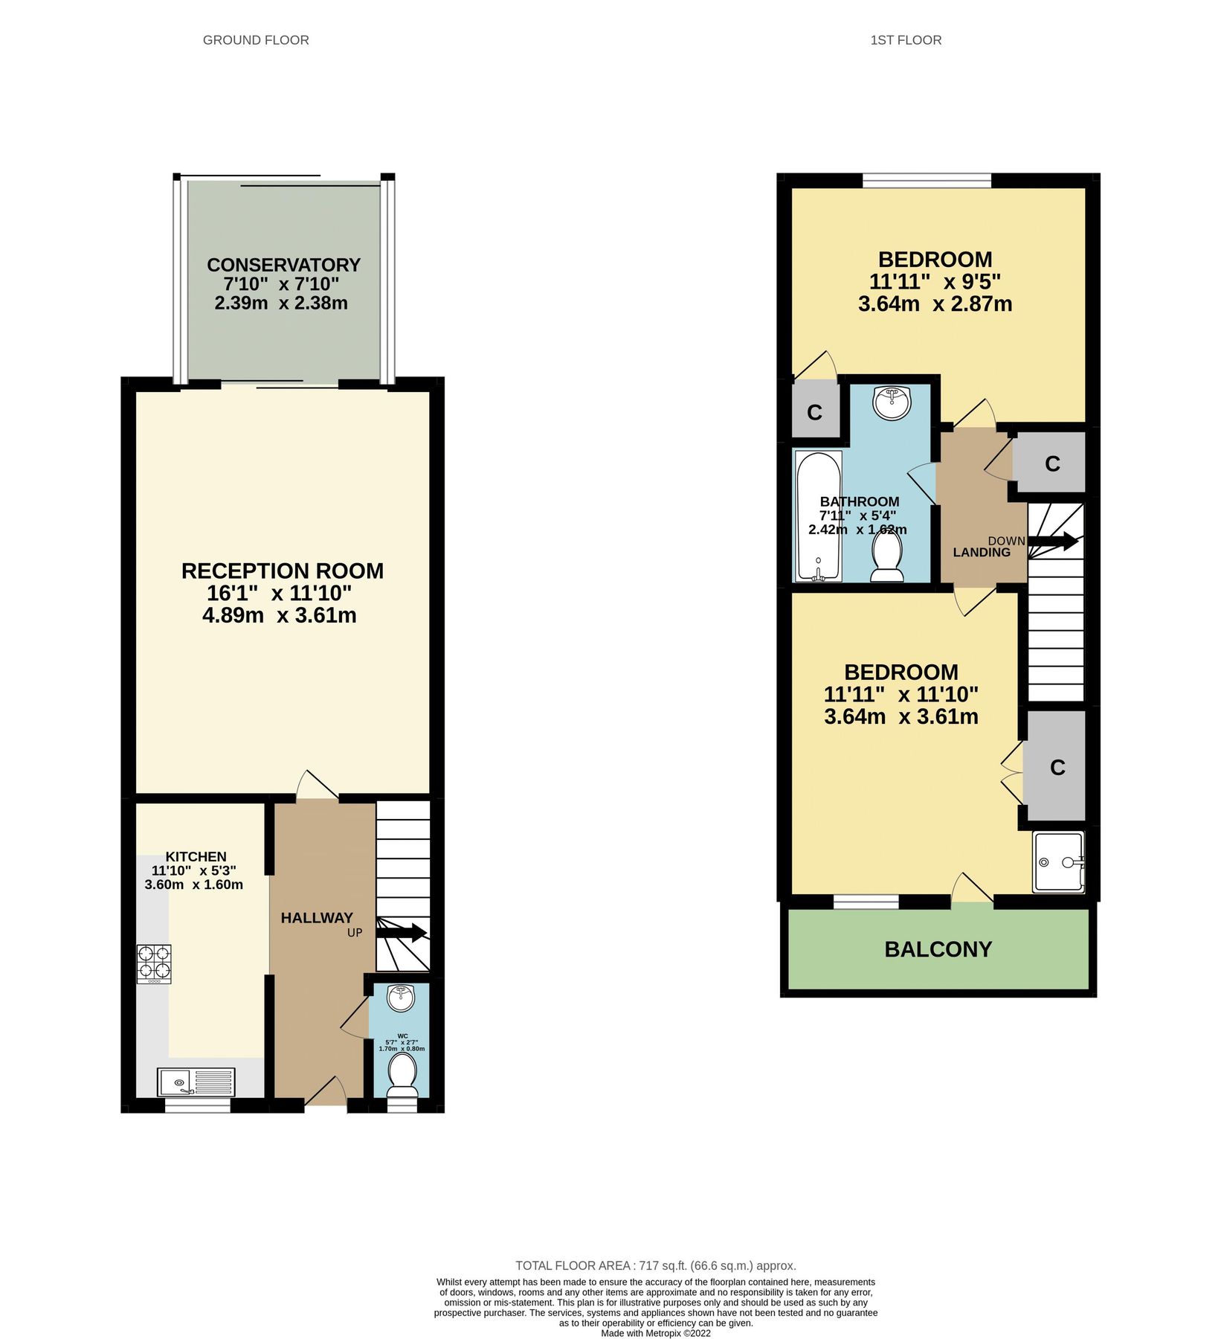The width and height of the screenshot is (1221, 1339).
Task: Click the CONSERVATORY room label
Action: point(283,266)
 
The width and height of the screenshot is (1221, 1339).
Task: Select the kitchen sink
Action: point(196,1082)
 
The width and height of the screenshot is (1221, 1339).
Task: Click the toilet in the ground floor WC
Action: point(403,1073)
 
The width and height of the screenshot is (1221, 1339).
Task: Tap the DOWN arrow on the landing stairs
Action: point(1052,542)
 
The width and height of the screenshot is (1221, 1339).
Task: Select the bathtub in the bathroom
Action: point(819,516)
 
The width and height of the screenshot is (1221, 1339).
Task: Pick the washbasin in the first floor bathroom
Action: point(892,402)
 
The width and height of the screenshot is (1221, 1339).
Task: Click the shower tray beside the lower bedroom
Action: point(1058,862)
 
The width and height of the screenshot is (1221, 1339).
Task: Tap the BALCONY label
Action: point(938,950)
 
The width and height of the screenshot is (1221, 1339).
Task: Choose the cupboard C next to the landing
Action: point(1051,464)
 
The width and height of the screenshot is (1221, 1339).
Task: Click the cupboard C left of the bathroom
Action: point(815,412)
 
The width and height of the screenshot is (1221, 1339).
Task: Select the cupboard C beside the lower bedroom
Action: point(1057,768)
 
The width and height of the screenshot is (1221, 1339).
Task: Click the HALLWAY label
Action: point(317,918)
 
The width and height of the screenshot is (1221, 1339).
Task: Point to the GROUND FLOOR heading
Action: point(256,40)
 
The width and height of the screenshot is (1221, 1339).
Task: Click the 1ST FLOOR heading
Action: point(906,40)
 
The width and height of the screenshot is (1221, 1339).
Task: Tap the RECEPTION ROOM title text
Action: point(283,571)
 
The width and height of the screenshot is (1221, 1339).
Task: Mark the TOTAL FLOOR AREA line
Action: point(655,1265)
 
